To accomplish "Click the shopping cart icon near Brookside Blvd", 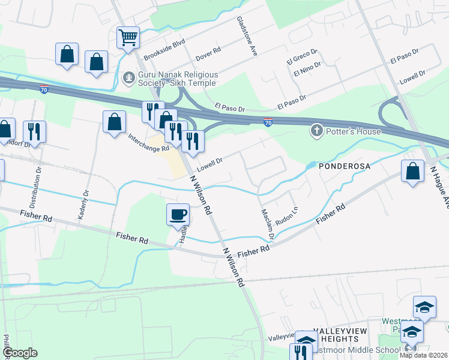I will click(x=128, y=38).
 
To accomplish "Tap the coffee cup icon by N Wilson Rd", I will click(x=178, y=214).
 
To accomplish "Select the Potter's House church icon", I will click(x=316, y=130).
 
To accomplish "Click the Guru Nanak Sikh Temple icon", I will click(x=128, y=77).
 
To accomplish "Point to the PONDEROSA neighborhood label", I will click(x=342, y=165).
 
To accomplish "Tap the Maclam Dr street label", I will click(x=267, y=224).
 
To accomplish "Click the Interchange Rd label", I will click(x=149, y=143).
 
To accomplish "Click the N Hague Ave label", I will click(x=439, y=187).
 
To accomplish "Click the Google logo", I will click(x=20, y=353).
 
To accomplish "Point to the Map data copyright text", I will click(x=423, y=355).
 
